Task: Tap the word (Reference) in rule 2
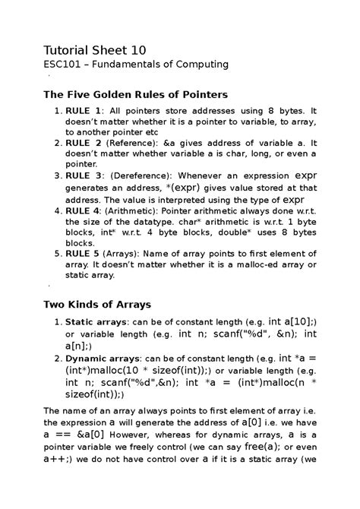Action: point(134,142)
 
